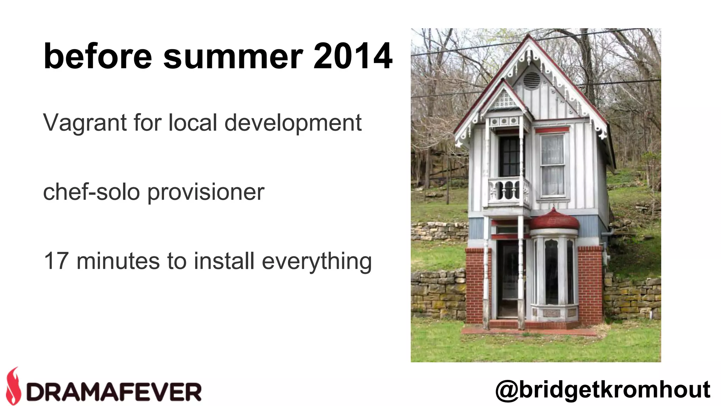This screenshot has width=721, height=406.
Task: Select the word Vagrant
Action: (x=85, y=123)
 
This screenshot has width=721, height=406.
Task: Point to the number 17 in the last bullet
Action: (x=56, y=261)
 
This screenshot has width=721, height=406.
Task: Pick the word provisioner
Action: (x=206, y=193)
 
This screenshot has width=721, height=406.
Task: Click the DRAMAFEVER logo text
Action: (x=114, y=392)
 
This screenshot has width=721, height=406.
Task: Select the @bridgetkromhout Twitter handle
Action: (x=602, y=389)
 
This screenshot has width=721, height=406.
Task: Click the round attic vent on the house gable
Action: (x=531, y=80)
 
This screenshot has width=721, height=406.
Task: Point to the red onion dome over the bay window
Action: (x=554, y=220)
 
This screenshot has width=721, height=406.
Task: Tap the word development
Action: (x=293, y=123)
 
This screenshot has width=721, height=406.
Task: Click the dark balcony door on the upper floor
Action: (x=509, y=156)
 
